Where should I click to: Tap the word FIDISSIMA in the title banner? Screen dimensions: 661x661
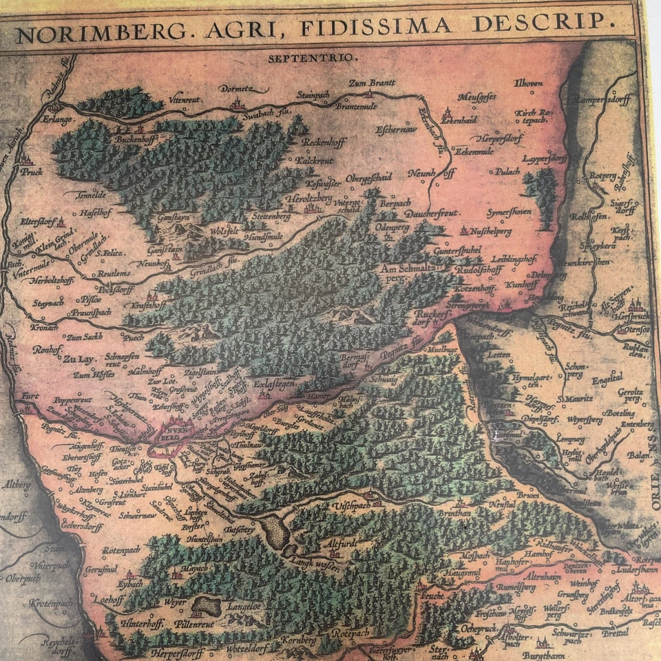coord(386,27)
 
